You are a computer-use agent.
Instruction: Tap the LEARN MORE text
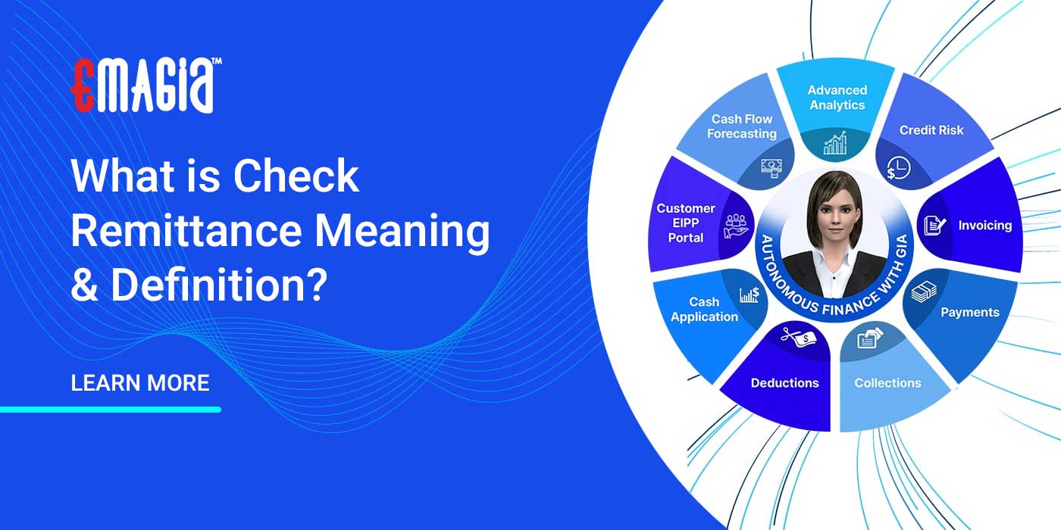pyautogui.click(x=139, y=383)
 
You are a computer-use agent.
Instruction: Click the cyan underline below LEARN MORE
pyautogui.click(x=111, y=410)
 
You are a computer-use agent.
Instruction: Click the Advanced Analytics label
pyautogui.click(x=837, y=98)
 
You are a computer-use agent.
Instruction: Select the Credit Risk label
pyautogui.click(x=931, y=130)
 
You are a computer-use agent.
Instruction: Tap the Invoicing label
pyautogui.click(x=984, y=226)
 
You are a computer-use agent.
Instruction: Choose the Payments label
pyautogui.click(x=969, y=312)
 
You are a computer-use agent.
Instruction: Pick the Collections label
pyautogui.click(x=887, y=383)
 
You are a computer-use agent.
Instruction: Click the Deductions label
pyautogui.click(x=784, y=383)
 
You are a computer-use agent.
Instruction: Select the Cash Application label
pyautogui.click(x=704, y=310)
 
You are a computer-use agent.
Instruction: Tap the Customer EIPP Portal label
pyautogui.click(x=685, y=223)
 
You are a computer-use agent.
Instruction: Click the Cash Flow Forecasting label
pyautogui.click(x=742, y=126)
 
